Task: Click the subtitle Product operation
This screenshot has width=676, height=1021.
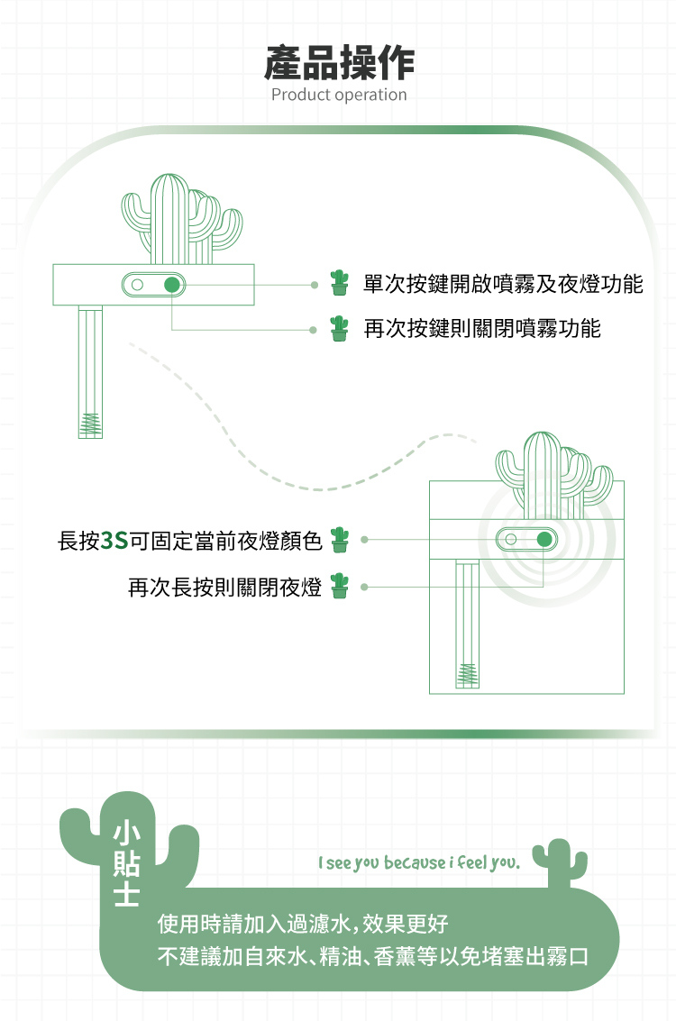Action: tap(339, 95)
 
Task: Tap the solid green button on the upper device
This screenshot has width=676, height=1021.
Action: tap(172, 285)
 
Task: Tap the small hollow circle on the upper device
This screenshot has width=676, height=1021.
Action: tap(137, 285)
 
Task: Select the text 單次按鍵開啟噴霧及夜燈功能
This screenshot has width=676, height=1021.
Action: tap(503, 285)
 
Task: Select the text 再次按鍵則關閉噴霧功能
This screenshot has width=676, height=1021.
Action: tap(481, 328)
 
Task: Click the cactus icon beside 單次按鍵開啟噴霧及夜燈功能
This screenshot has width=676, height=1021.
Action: tap(339, 283)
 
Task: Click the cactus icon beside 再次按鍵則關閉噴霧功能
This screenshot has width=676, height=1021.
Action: tap(339, 328)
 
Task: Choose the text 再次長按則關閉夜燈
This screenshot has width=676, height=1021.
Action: tap(224, 588)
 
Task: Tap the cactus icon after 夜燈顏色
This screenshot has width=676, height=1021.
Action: tap(339, 540)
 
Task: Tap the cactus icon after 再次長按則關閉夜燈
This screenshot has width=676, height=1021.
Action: tap(339, 586)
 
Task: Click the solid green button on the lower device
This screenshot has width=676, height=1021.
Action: tap(543, 539)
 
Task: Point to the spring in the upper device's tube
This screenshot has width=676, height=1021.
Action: tap(90, 423)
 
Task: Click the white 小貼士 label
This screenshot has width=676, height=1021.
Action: tap(126, 863)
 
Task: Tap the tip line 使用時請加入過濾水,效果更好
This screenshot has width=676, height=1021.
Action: tap(303, 924)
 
